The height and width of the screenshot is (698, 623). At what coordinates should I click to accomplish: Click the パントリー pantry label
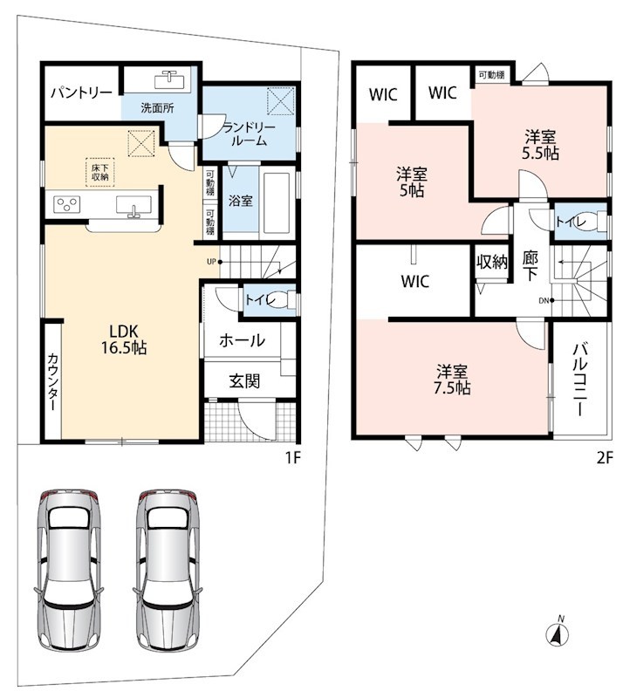click(x=81, y=93)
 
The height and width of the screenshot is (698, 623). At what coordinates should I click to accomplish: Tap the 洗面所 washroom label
click(x=157, y=107)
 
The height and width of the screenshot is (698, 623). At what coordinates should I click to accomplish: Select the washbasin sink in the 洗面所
click(x=169, y=80)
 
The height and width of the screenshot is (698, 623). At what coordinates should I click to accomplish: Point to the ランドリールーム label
click(x=250, y=134)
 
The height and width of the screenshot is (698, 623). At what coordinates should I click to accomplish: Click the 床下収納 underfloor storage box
click(x=100, y=173)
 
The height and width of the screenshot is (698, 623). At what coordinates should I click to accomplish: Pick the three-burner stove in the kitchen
click(x=67, y=204)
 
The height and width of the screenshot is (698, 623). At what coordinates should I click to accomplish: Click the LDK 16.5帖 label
click(x=124, y=339)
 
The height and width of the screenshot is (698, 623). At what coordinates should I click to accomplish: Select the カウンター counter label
click(x=52, y=381)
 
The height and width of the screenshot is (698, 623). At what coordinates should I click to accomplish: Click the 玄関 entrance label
click(x=244, y=381)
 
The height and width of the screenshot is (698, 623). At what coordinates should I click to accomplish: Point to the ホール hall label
click(x=243, y=340)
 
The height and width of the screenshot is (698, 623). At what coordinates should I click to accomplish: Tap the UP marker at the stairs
click(x=212, y=262)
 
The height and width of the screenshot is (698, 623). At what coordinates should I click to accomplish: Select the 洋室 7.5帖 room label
click(x=452, y=380)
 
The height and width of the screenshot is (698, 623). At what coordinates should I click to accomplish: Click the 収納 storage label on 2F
click(x=492, y=262)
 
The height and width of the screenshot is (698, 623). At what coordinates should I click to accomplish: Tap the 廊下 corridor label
click(x=530, y=266)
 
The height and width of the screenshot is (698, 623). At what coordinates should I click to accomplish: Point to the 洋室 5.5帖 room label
click(x=540, y=145)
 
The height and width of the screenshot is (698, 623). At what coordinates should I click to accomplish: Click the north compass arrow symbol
click(x=558, y=634)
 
